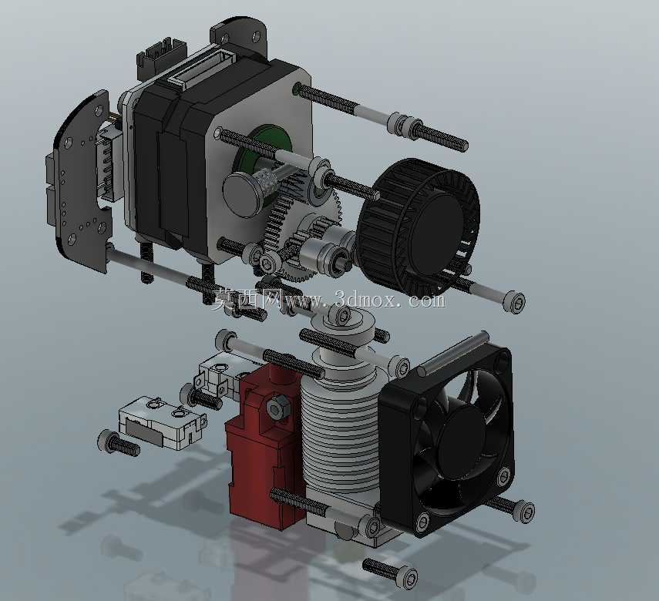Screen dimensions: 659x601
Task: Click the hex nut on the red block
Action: pyautogui.click(x=275, y=407)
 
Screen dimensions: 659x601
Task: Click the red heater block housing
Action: pyautogui.click(x=265, y=445)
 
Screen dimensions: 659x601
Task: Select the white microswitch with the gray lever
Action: pyautogui.click(x=162, y=425)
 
